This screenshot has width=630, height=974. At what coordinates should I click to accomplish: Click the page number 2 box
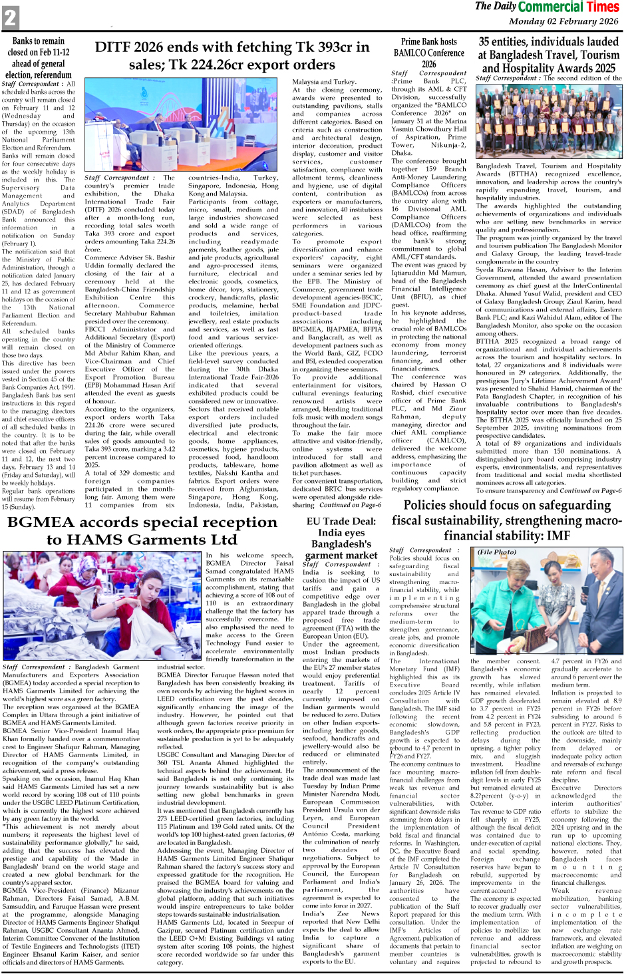pos(10,17)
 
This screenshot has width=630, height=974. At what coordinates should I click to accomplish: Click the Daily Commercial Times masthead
pos(547,7)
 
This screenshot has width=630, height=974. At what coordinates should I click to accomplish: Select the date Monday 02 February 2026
pos(563,21)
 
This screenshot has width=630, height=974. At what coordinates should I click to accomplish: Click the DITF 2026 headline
pos(232,56)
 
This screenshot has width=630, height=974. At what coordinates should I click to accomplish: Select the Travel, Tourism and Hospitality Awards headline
pos(548,55)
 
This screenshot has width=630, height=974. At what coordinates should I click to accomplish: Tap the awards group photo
pos(548,122)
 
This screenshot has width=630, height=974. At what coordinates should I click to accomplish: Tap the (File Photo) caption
pos(496,552)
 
